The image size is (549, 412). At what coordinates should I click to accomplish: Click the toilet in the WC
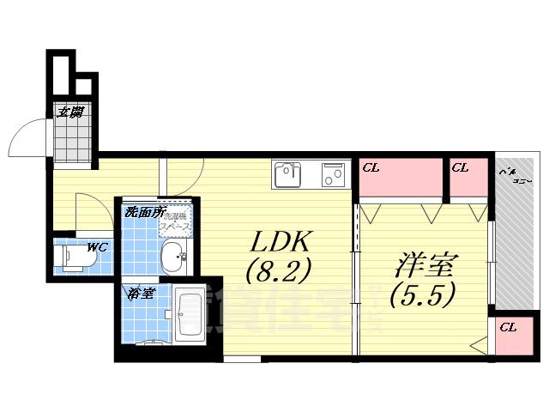[x=73, y=257]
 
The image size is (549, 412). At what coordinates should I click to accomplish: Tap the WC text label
[x=97, y=247]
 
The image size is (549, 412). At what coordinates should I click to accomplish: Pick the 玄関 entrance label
[x=70, y=112]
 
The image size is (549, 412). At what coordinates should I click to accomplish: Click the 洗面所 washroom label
[x=143, y=211]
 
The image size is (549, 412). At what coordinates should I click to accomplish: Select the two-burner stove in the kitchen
[x=333, y=175]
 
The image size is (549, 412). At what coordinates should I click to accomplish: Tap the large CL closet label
[x=371, y=167]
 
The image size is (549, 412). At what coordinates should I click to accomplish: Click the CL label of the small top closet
[x=461, y=167]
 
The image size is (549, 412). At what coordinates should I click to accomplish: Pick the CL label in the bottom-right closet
[x=508, y=327]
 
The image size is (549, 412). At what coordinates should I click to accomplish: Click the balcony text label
[x=514, y=177]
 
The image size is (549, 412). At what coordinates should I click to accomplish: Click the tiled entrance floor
[x=70, y=137]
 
